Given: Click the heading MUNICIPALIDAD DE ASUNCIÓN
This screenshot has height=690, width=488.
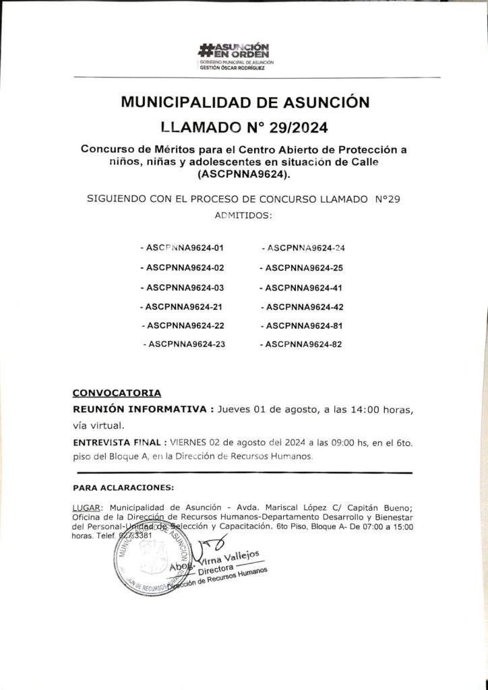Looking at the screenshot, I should [245, 102].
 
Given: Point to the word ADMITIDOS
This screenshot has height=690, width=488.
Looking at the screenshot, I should [243, 217].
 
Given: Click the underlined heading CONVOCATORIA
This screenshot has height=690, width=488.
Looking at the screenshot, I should [116, 391].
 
